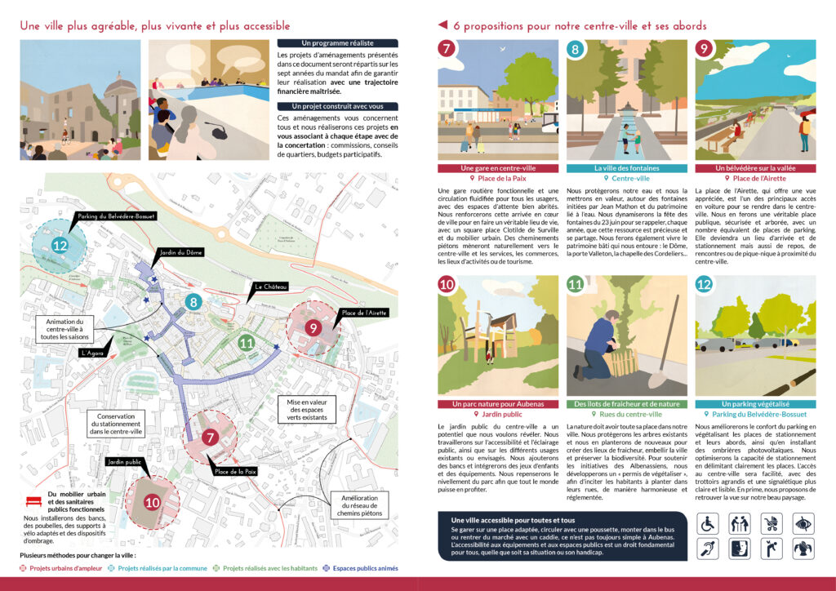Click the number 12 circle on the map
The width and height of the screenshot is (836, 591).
pos(60,245)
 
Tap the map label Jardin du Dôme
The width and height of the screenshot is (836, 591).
pos(181,253)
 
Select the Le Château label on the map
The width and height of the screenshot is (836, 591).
pos(269,287)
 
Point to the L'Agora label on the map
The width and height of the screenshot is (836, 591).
pos(96,353)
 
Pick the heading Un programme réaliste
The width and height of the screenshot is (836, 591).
pos(337,43)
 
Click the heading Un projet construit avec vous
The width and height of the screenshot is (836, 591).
pos(337,106)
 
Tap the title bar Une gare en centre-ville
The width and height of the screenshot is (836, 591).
pos(498,169)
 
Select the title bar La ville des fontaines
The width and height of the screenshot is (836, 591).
pos(625,169)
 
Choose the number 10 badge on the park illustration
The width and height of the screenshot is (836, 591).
pos(447,285)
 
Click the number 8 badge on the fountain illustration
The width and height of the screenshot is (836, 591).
pos(576,51)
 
